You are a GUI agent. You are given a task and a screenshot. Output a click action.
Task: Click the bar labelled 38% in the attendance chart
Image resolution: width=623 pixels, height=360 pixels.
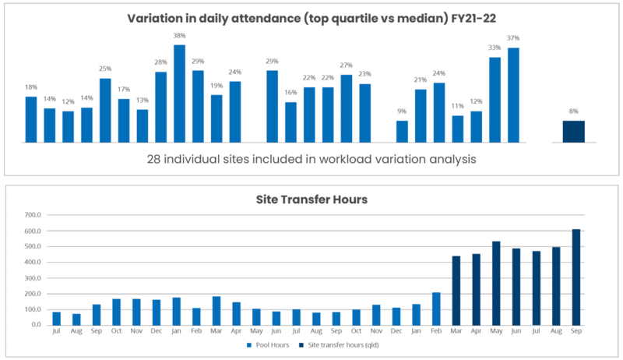(x=179, y=94)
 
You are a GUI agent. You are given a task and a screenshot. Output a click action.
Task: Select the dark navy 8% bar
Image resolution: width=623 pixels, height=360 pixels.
(x=574, y=132)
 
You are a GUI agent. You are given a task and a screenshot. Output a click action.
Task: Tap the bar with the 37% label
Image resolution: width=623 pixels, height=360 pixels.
(x=513, y=95)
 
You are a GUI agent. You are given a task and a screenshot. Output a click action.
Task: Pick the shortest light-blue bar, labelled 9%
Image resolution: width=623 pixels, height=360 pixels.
(x=402, y=132)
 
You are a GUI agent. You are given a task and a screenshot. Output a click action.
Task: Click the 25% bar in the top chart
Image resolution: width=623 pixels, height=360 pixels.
(x=105, y=111)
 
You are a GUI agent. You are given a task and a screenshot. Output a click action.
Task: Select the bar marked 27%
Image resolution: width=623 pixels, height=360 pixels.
(x=347, y=108)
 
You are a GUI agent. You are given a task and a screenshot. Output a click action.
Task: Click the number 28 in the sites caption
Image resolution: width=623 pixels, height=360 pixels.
(x=154, y=159)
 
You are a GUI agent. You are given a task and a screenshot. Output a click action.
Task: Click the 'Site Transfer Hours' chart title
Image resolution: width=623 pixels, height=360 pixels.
(x=311, y=199)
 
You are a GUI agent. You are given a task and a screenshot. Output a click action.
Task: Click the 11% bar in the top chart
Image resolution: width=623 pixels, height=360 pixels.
(x=458, y=129)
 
